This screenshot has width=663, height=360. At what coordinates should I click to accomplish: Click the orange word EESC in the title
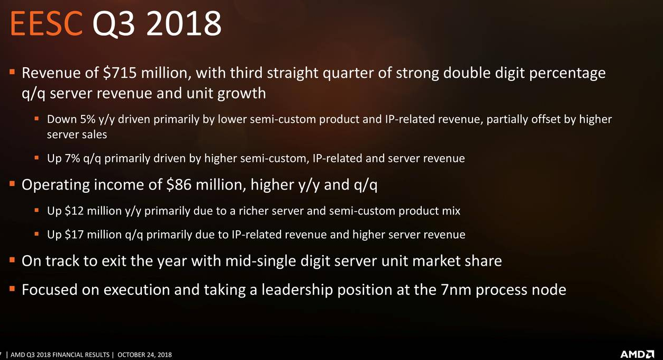[x=46, y=23]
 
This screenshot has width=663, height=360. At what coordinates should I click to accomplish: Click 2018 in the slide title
[x=184, y=23]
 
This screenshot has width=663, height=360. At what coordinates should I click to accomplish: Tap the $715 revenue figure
[x=120, y=73]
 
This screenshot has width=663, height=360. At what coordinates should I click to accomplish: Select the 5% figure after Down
[x=88, y=119]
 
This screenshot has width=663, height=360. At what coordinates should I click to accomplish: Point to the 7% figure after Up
[x=72, y=158]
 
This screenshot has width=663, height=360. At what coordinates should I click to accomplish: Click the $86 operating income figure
[x=179, y=184]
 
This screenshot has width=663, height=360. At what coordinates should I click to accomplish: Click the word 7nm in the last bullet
[x=456, y=290]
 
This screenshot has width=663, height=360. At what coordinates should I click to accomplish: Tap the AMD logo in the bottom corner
[x=637, y=354]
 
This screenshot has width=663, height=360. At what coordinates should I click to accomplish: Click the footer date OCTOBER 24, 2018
[x=144, y=355]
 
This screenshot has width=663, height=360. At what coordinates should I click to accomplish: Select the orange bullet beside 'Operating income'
[x=12, y=184]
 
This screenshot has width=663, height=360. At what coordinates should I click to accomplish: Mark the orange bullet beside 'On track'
[x=12, y=260]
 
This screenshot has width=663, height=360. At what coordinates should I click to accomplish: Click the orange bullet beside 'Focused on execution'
[x=12, y=289]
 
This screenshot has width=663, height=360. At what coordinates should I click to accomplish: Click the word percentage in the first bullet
[x=567, y=74]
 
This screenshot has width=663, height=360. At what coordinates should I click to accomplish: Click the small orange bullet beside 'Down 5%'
[x=37, y=119]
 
